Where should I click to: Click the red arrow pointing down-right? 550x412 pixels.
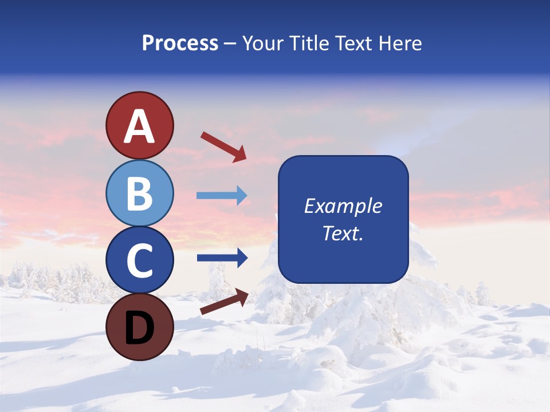pos(223,146)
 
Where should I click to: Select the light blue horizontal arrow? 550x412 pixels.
pos(222,196)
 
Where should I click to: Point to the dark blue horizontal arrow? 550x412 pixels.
pos(222,258)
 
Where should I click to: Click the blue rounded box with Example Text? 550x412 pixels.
pos(343,219)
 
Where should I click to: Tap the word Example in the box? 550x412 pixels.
pos(343,206)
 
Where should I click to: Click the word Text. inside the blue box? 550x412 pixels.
pos(343,233)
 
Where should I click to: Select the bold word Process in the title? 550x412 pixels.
pos(180,43)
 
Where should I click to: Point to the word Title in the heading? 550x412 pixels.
pos(307,43)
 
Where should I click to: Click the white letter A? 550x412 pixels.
pos(139,126)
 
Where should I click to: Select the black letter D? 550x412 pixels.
pos(139,327)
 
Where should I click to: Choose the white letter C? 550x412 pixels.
pos(139,261)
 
